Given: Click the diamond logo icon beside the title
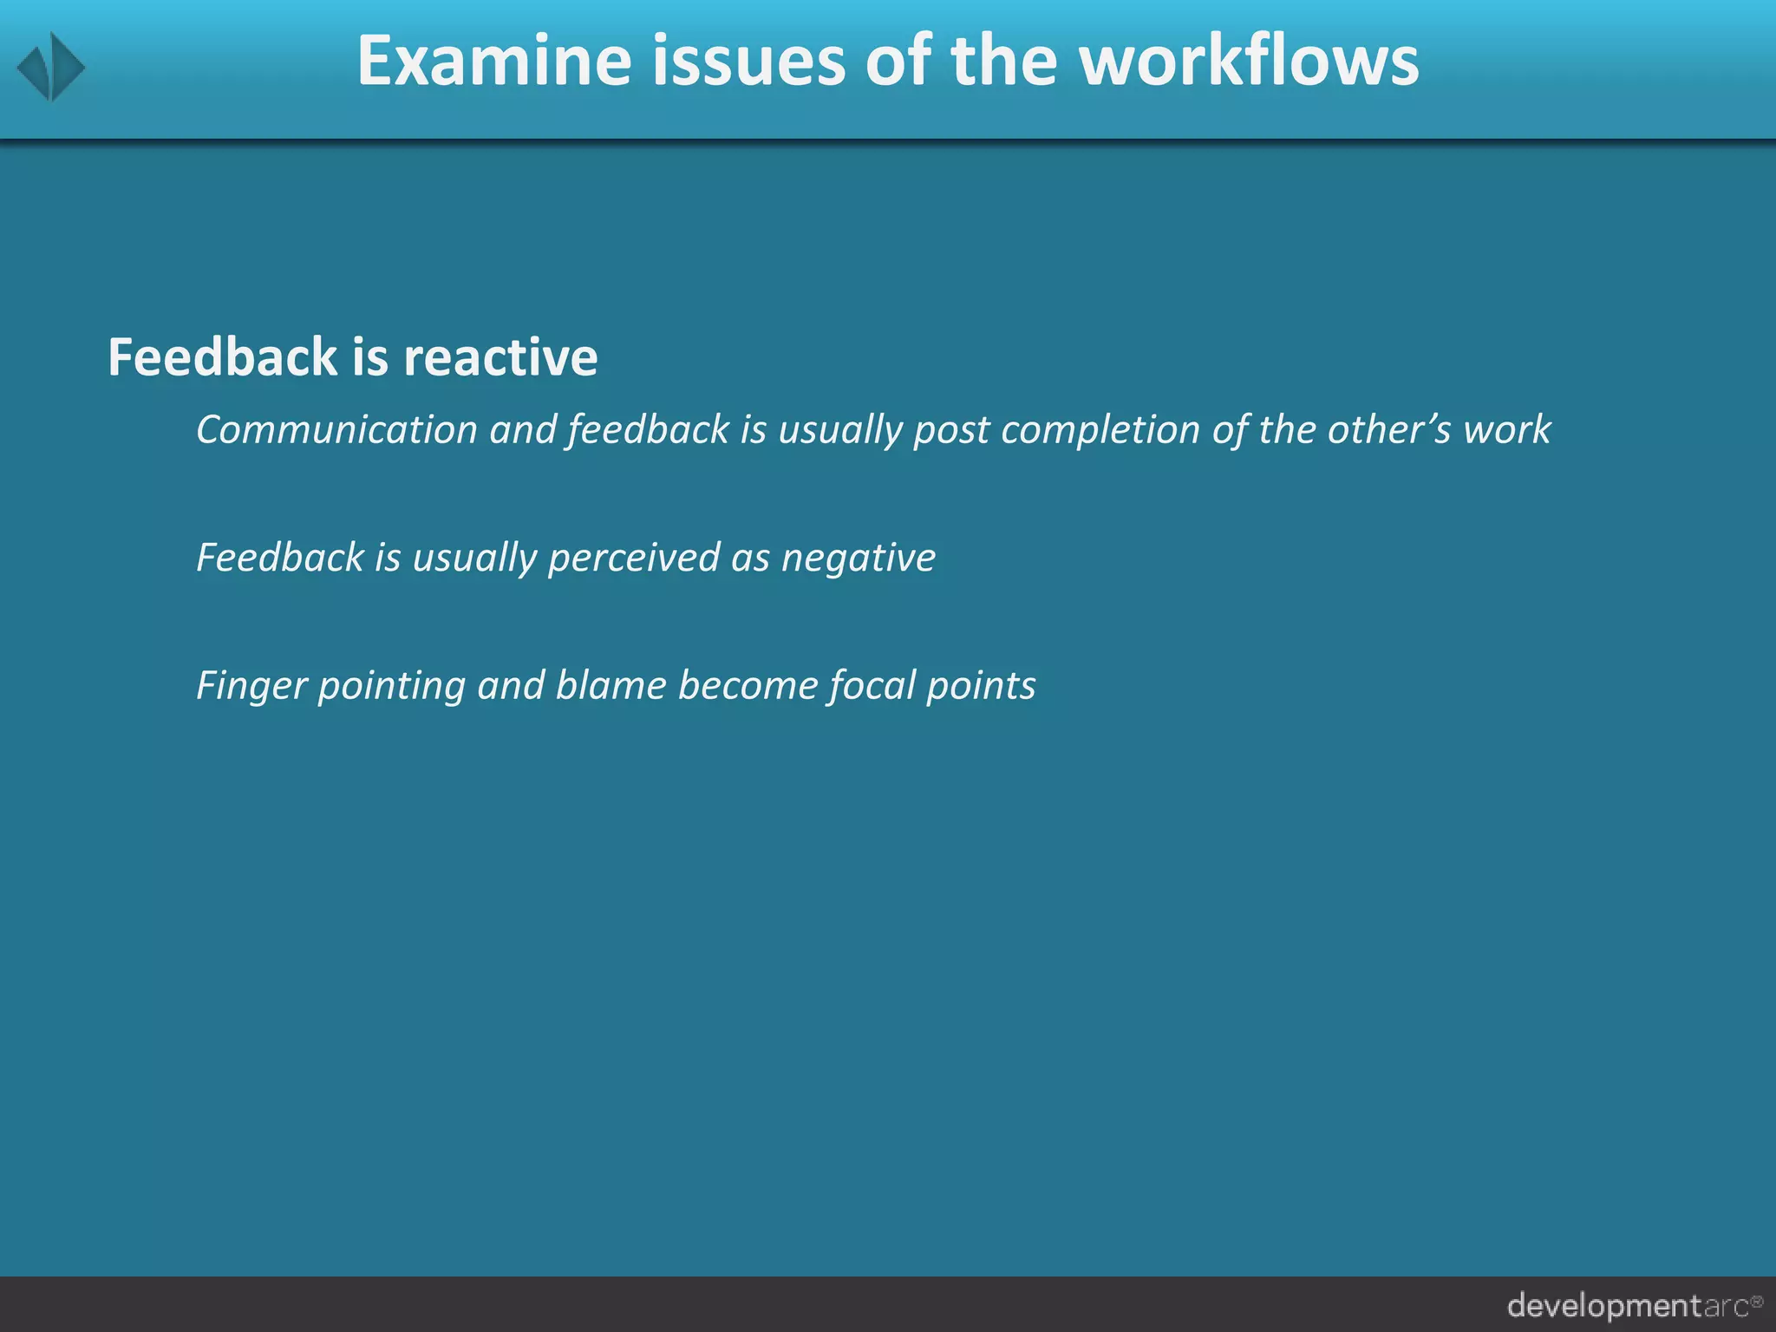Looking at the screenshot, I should [x=51, y=67].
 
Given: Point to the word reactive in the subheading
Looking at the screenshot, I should [x=500, y=357].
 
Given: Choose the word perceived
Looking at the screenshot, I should [x=633, y=558].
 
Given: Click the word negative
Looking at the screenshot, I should [x=858, y=558].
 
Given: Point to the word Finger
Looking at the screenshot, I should [x=251, y=686].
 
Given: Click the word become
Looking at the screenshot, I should [x=748, y=685].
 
